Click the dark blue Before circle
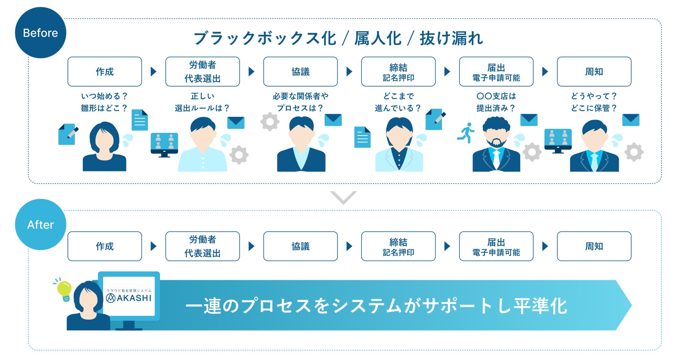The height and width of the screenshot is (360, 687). (40, 33)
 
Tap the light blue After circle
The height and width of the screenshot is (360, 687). (40, 224)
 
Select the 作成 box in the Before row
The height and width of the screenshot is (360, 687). (105, 72)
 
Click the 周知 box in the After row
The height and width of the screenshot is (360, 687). (594, 246)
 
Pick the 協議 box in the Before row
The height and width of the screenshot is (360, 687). (300, 72)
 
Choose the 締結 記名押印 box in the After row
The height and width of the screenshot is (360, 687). (398, 246)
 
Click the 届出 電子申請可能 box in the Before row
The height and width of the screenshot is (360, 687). (496, 72)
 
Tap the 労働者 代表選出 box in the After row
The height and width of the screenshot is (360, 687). (203, 246)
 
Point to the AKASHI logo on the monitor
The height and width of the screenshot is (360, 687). (129, 297)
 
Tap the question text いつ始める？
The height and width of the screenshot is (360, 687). (104, 96)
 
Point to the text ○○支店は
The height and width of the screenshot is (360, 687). (496, 96)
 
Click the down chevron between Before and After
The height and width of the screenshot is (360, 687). (343, 197)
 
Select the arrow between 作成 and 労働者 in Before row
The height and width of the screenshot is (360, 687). (153, 72)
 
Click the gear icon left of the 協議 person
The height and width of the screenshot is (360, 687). (270, 122)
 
